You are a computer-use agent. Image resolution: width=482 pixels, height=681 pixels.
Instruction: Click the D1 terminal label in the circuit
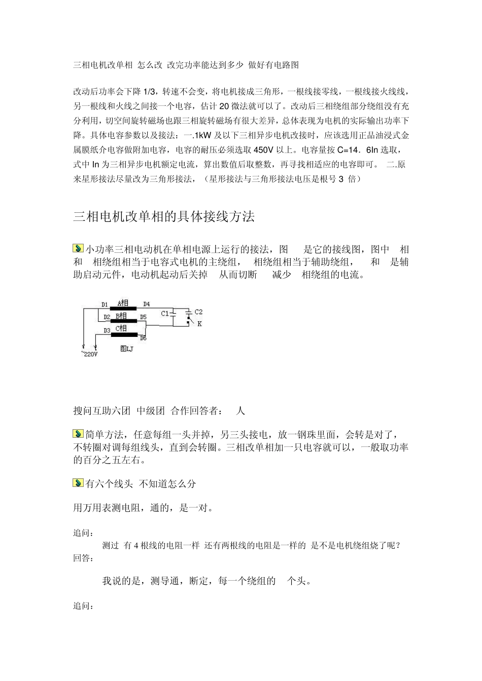click(105, 305)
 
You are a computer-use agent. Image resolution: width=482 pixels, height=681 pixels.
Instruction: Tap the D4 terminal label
click(146, 304)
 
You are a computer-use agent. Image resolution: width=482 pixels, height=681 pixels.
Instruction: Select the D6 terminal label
click(143, 338)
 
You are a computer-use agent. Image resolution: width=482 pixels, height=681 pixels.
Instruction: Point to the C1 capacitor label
click(164, 314)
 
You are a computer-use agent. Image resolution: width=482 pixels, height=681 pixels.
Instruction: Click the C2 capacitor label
click(198, 312)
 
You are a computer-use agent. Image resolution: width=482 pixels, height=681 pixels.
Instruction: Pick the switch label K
click(199, 324)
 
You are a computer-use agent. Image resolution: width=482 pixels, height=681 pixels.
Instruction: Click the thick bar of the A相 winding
click(123, 309)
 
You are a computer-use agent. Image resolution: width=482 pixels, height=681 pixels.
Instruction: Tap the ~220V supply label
click(89, 354)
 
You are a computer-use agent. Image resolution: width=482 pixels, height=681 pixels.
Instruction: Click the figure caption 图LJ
click(126, 349)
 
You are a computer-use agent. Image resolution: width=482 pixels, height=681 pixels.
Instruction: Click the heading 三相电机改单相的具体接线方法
click(164, 217)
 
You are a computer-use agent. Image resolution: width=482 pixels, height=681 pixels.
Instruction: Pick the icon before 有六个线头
click(78, 483)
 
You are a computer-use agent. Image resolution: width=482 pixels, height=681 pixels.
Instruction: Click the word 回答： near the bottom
click(83, 558)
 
